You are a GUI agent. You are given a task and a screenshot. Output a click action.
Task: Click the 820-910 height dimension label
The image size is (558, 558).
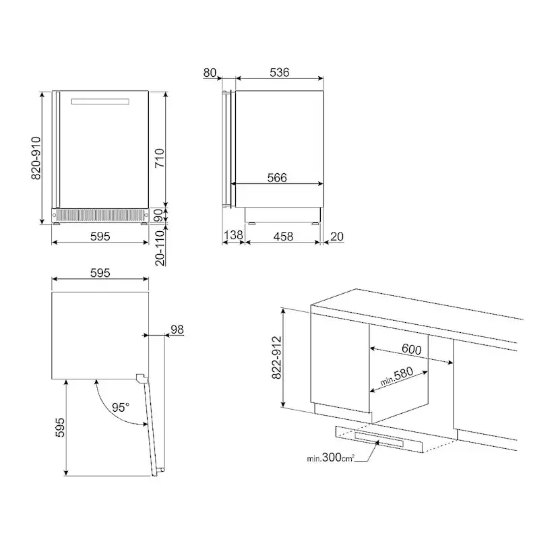(x=36, y=158)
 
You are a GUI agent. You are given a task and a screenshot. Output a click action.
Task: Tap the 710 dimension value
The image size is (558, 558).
(x=159, y=158)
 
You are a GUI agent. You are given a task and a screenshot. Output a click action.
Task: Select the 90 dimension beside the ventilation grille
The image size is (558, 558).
(x=159, y=215)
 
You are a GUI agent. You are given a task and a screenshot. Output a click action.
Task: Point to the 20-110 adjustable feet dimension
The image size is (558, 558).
(x=160, y=248)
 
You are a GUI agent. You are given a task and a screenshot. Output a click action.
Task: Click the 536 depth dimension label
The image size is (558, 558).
(x=280, y=72)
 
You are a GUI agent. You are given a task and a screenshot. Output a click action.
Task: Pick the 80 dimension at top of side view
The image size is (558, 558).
(x=210, y=73)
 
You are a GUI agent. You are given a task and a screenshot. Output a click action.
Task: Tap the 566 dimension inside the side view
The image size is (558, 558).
(x=277, y=178)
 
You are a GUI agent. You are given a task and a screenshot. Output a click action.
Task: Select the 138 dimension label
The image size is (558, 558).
(x=233, y=235)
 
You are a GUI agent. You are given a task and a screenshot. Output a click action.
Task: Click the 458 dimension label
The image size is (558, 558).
(x=283, y=237)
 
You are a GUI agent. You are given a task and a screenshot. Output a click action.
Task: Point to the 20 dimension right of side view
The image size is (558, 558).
(x=337, y=237)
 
